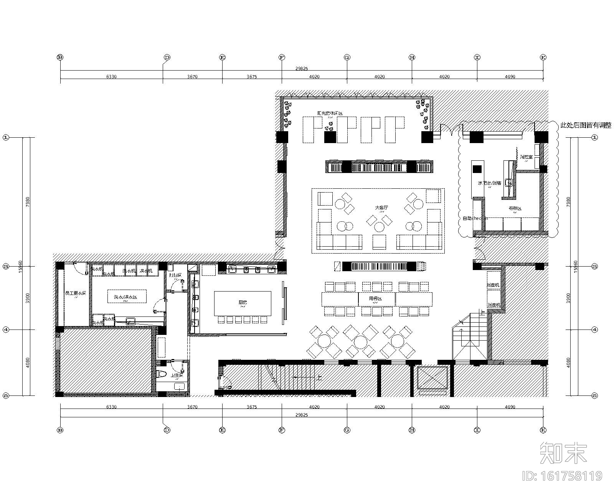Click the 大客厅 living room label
tap(381, 208)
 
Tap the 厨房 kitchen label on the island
tap(243, 302)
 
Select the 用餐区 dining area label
tap(376, 298)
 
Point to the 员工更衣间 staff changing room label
tap(76, 293)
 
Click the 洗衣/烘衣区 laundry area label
tap(125, 297)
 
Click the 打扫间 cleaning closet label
tap(175, 275)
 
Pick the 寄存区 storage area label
tap(515, 209)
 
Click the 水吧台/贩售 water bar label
tap(489, 183)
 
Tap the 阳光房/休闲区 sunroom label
tap(329, 113)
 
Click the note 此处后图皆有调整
tap(586, 125)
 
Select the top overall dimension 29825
tap(301, 69)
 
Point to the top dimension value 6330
tap(111, 77)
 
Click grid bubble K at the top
tap(543, 57)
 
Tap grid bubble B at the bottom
tap(60, 430)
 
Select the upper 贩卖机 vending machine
tap(494, 285)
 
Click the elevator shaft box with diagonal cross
tap(432, 377)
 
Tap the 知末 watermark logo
tap(563, 453)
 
